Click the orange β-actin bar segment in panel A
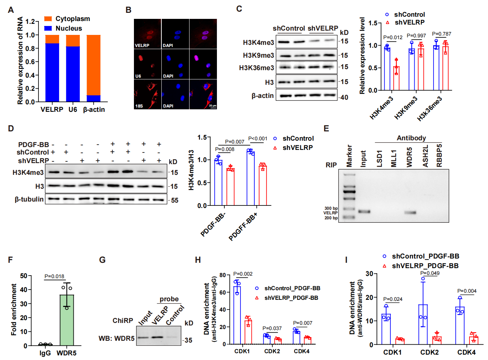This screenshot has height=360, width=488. [93, 65]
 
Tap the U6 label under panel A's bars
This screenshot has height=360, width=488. [73, 110]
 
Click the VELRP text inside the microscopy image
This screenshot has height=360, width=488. [142, 46]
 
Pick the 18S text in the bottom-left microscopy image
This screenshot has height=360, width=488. [139, 106]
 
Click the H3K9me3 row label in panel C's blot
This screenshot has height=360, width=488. [258, 55]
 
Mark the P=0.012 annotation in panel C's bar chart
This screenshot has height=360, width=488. [393, 37]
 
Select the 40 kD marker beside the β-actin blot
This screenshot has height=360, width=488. [344, 97]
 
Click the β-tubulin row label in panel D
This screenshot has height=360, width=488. [29, 199]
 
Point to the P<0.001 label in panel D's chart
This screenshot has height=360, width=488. [258, 139]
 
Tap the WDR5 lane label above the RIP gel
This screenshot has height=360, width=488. [410, 157]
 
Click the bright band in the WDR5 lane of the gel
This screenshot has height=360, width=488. [410, 213]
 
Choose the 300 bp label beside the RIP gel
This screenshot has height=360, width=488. [331, 208]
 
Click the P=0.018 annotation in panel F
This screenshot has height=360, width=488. [54, 276]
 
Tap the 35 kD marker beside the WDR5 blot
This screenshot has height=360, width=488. [188, 340]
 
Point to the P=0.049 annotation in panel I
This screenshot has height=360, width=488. [430, 273]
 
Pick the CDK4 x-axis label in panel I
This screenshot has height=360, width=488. [466, 352]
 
